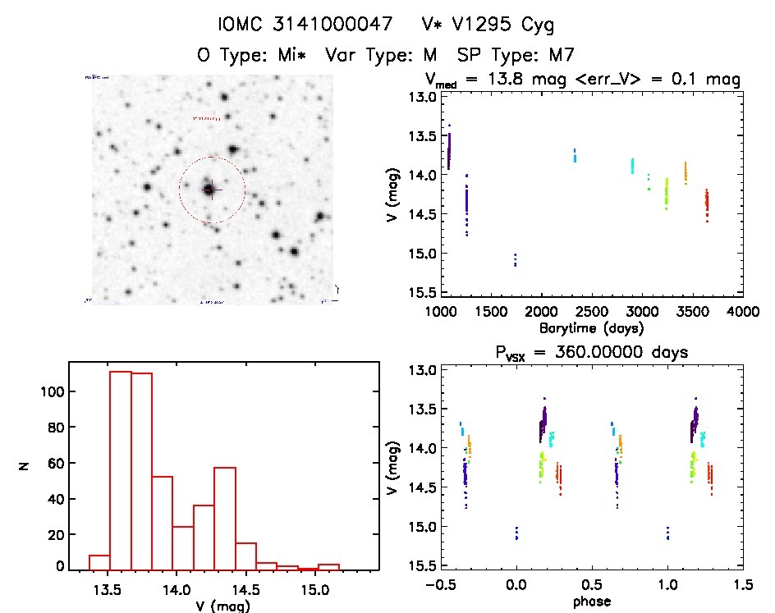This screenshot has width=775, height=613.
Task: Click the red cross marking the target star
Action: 209,190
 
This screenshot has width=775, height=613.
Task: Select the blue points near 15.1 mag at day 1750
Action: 515,260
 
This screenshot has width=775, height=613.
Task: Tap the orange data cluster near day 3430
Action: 686,172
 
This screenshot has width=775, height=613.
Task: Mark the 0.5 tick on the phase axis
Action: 592,585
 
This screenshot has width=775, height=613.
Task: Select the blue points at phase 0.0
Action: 516,533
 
